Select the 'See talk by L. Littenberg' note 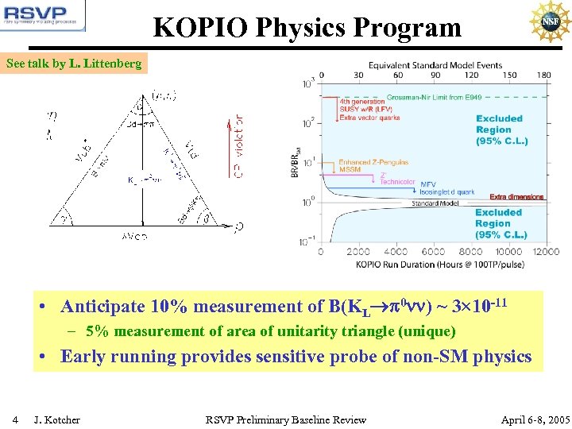(x=75, y=64)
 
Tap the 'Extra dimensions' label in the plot (x=516, y=196)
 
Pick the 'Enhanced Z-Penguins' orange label (x=373, y=162)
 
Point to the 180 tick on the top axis (x=543, y=75)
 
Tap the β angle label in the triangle (x=206, y=215)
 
